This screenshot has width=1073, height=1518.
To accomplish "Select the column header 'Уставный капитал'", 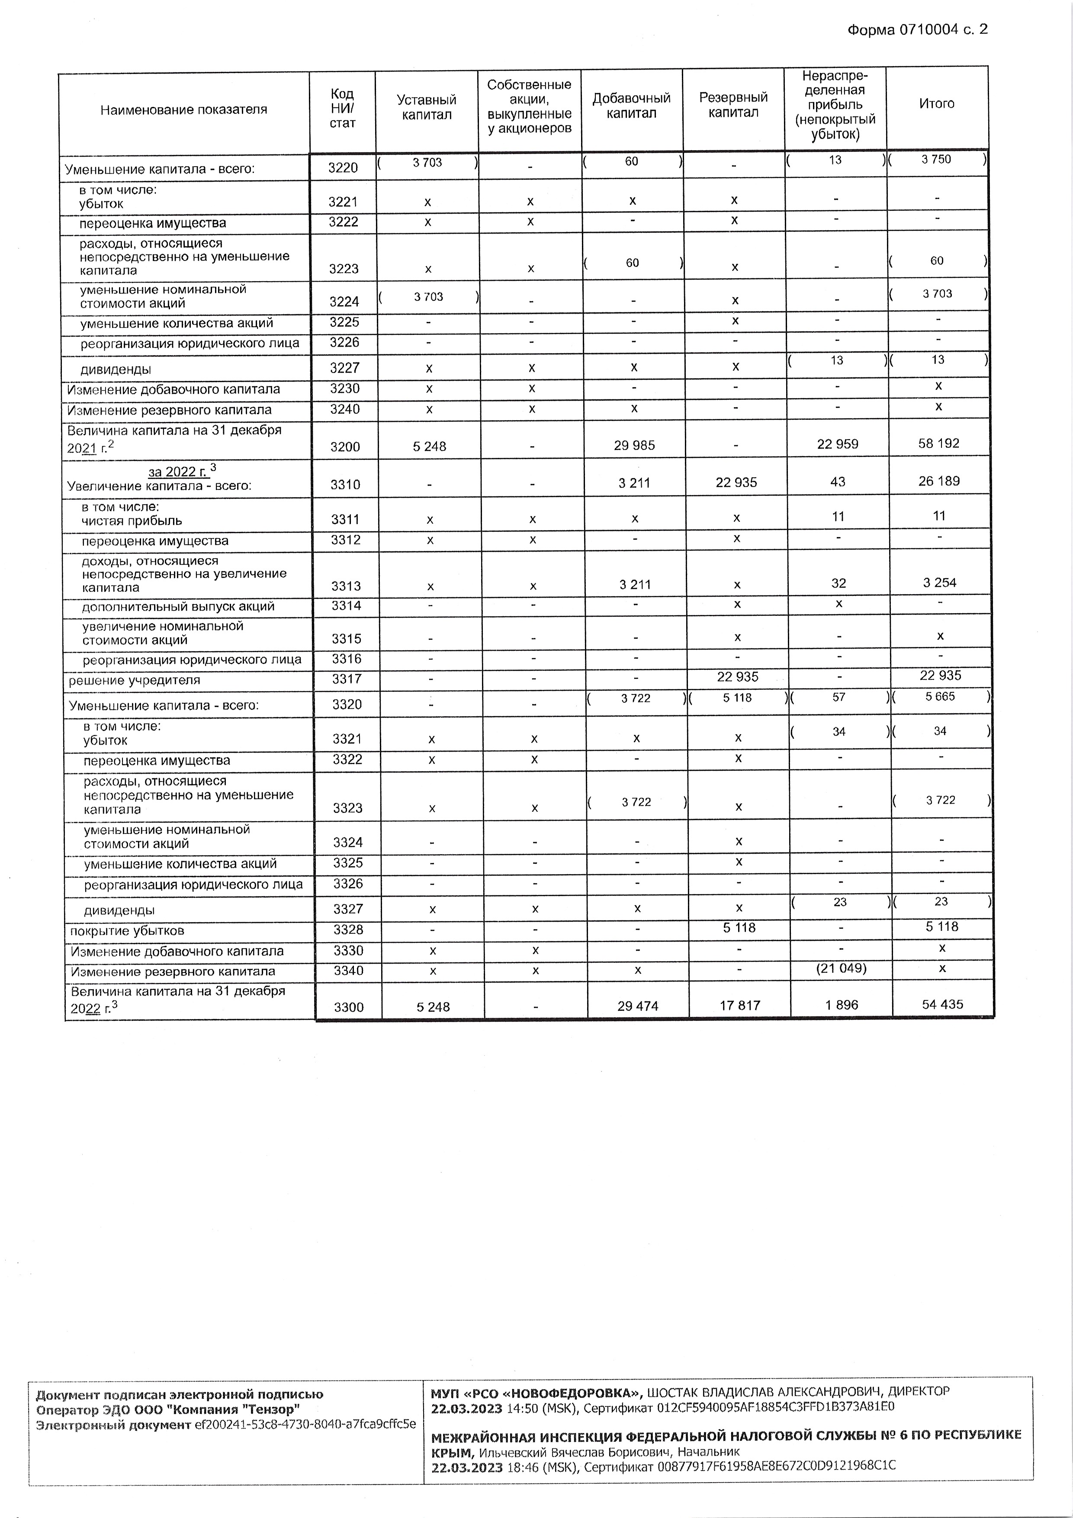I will click(427, 107).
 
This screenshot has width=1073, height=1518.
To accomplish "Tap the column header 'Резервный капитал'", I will click(733, 104).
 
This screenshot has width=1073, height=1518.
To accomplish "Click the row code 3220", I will click(343, 168).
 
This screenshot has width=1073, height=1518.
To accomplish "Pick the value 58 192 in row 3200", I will click(939, 444).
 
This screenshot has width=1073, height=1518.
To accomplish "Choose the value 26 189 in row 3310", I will click(939, 481).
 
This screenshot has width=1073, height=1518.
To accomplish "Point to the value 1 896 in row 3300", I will click(841, 1005).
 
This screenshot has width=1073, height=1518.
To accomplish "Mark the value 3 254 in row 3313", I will click(939, 582).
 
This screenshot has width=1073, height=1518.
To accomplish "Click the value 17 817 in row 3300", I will click(739, 1005).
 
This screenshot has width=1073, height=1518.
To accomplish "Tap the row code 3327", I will click(348, 909).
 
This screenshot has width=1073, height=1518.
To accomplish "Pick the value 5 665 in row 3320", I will click(940, 697).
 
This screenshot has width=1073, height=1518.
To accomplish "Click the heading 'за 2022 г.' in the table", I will click(177, 471).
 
